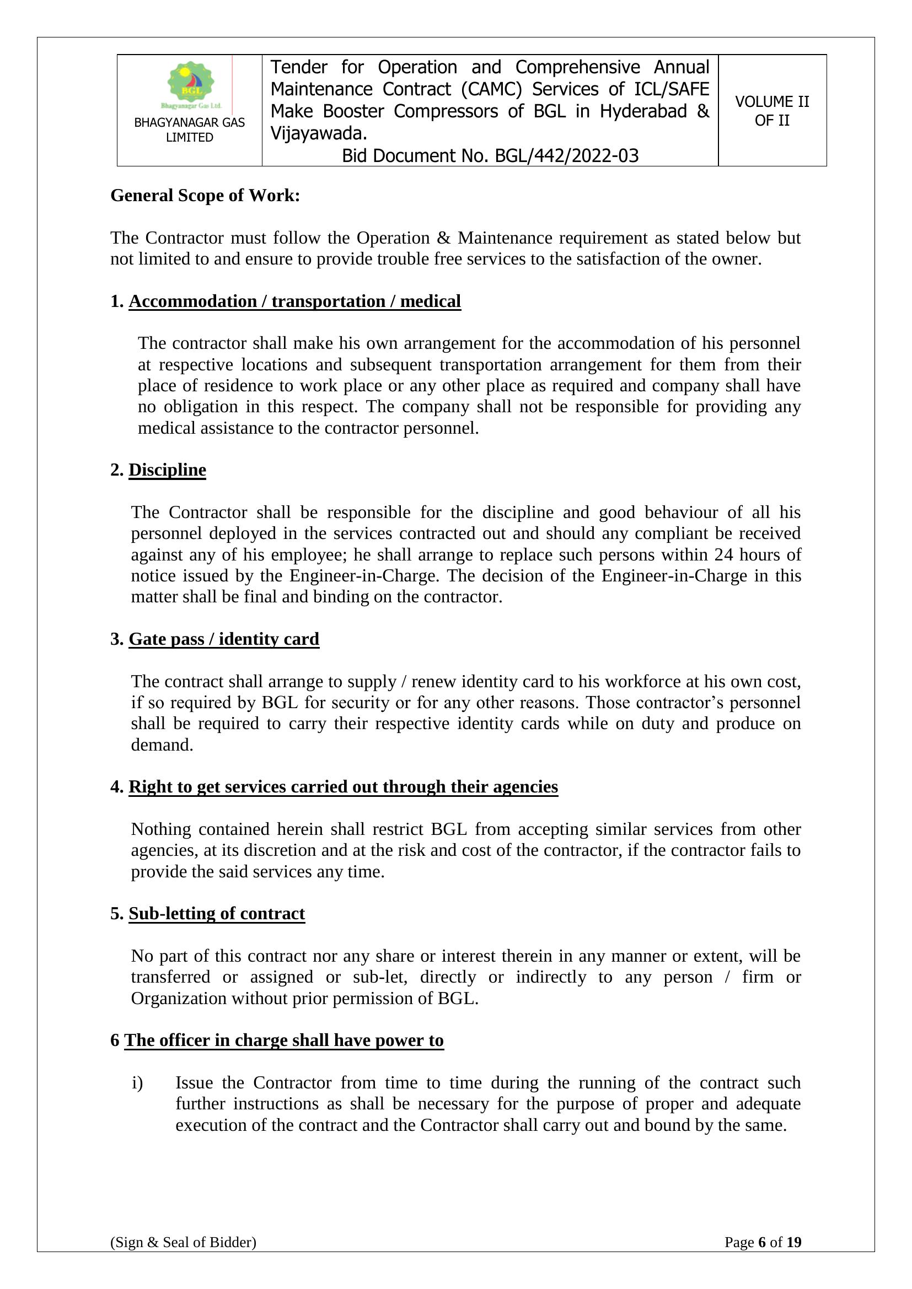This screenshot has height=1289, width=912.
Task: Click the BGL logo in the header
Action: pos(191,84)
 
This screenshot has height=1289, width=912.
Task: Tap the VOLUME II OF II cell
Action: pos(771,111)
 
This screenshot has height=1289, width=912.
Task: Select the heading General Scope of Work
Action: pos(205,196)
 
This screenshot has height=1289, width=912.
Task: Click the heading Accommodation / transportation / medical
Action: pos(295,301)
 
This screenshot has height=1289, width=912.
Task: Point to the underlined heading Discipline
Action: pos(168,470)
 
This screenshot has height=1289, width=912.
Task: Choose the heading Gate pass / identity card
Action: pos(223,639)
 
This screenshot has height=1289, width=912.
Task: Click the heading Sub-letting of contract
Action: pos(217,913)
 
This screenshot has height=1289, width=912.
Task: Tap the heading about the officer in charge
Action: pos(283,1040)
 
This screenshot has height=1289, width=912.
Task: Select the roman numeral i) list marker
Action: pos(138,1082)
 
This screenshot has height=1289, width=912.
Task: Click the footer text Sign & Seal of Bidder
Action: pos(183,1258)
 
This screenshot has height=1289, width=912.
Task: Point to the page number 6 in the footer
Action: pos(762,1258)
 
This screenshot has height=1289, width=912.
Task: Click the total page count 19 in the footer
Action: pos(793,1258)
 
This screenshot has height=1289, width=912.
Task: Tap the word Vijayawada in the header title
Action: pos(318,133)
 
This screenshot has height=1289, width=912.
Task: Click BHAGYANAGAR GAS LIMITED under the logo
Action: pos(189,130)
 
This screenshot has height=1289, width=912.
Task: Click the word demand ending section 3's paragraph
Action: pos(161,745)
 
